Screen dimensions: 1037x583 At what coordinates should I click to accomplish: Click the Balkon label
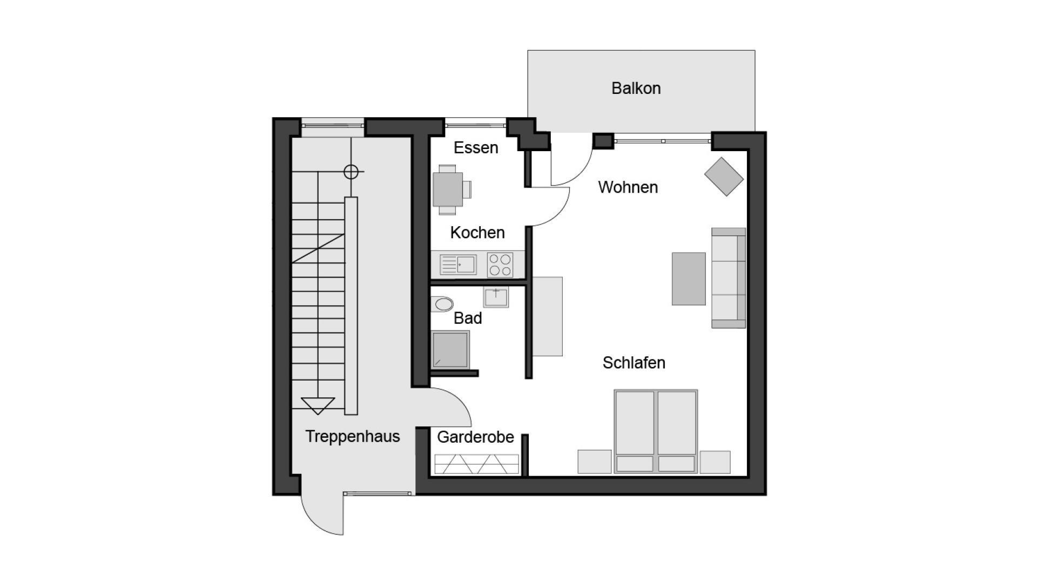point(636,88)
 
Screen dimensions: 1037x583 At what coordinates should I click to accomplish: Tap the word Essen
point(475,147)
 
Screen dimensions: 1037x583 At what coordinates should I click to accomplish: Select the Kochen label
point(477,233)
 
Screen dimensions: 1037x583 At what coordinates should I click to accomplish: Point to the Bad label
point(468,318)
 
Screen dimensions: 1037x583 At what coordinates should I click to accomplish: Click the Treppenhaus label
point(353,436)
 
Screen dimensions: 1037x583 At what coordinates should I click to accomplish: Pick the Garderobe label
point(475,437)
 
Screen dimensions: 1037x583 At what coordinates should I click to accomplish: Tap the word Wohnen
point(628,187)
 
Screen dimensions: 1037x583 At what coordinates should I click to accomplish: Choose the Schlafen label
point(634,363)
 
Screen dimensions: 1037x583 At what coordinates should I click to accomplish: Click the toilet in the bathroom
point(442,304)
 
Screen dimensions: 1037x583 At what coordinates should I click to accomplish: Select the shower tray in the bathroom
point(450,349)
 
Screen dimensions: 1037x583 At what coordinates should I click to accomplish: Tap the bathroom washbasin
point(496,297)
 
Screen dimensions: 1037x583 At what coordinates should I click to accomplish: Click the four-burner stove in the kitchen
point(500,265)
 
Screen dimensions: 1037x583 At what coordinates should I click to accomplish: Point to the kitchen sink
point(458,265)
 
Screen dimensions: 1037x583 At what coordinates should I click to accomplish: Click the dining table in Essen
point(448,189)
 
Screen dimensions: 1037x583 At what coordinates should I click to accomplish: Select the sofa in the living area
point(729,277)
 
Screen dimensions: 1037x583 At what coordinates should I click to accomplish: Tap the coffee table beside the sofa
point(689,279)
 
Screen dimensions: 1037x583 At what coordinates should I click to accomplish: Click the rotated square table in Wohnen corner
point(724,177)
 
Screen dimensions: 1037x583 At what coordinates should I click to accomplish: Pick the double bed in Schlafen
point(656,431)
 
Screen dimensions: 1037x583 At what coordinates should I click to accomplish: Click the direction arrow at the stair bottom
point(318,405)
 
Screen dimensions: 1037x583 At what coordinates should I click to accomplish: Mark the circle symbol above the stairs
point(351,172)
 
